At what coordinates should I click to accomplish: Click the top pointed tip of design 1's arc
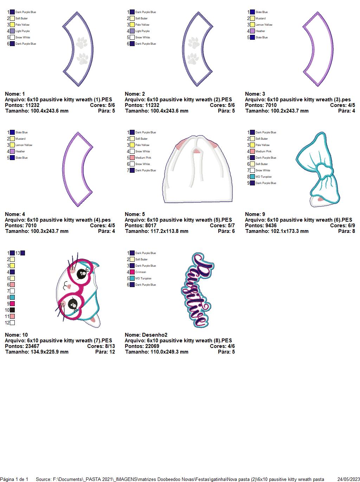coord(77,12)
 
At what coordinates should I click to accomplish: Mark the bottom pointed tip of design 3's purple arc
coord(317,86)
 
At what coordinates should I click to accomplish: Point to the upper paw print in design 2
coord(193,43)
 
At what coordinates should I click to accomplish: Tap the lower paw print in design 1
coord(83,59)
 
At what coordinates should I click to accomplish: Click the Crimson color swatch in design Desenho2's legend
coord(132,272)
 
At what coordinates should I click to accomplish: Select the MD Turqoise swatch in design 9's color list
coord(252,177)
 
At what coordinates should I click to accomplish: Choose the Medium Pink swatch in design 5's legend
coord(132,158)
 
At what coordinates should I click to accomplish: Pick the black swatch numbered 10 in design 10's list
coord(12,310)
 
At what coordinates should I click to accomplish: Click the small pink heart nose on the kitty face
coord(69,286)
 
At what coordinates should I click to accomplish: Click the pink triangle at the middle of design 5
coord(197,151)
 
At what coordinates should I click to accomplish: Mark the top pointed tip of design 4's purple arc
coord(78,132)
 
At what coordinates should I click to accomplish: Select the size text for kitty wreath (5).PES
coord(157,231)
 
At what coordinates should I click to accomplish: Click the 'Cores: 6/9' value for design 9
coord(342,225)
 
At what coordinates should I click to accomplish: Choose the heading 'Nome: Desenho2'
coord(146,335)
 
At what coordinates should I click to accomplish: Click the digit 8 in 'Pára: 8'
coord(353,231)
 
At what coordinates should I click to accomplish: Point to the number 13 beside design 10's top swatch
coord(18,253)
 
